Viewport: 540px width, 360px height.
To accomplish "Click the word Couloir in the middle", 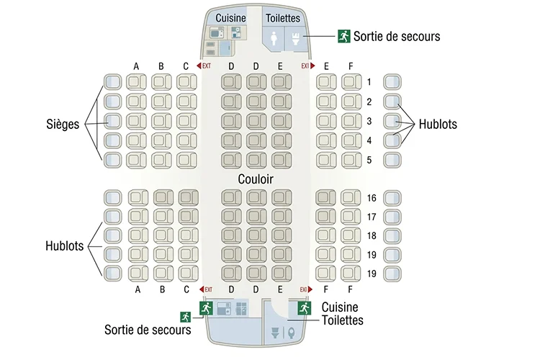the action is [256, 179].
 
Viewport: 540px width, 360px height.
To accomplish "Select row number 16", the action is [372, 198].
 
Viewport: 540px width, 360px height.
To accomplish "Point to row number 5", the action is [369, 160].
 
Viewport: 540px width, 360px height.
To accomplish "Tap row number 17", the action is [372, 217].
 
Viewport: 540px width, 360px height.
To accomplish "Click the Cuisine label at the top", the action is [230, 18].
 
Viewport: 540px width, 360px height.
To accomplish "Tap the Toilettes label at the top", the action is [283, 18].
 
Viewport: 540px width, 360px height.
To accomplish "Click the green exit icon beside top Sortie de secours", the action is [343, 36].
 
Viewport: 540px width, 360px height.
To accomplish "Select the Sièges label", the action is [63, 124].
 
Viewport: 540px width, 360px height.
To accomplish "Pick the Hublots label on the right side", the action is [438, 124].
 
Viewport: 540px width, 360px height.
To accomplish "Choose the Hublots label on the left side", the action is [64, 246].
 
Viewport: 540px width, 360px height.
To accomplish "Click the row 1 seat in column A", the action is [136, 82].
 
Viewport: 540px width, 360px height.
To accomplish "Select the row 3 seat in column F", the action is [351, 121].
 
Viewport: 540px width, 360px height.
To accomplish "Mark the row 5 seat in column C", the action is [186, 160].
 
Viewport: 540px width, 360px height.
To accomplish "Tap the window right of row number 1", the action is [392, 82].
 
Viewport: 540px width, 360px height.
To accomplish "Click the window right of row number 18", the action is [392, 236].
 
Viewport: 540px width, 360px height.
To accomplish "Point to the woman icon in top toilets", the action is [274, 39].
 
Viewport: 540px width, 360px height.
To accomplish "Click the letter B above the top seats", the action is [161, 66].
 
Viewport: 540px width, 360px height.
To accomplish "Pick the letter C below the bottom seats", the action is [186, 289].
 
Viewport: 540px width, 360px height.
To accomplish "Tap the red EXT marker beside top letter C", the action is [204, 66].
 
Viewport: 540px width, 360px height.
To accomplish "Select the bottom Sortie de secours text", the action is [148, 330].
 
